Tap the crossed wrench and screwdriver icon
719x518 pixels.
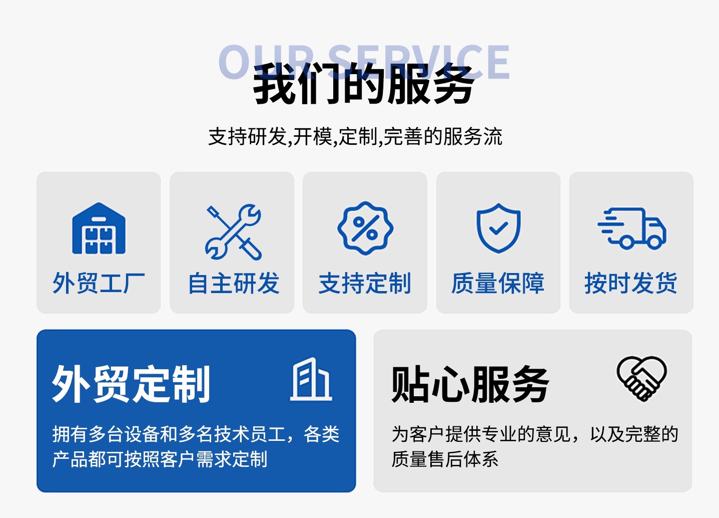[233, 232]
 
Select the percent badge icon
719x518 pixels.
[365, 228]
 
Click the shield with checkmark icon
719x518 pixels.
[498, 228]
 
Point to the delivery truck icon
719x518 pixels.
[632, 228]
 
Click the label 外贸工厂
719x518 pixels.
[99, 283]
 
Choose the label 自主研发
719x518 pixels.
[233, 283]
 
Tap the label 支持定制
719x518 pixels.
[365, 283]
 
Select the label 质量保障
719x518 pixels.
[498, 283]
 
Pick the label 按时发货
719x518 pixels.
[631, 283]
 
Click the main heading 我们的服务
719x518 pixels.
[364, 84]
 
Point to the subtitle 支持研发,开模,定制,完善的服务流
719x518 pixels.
[355, 137]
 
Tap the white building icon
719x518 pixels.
[311, 379]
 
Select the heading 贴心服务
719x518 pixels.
[470, 384]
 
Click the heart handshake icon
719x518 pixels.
[642, 379]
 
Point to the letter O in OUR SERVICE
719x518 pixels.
[234, 62]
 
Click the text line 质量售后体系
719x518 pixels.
[445, 459]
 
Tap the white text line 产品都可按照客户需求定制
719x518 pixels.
[160, 459]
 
